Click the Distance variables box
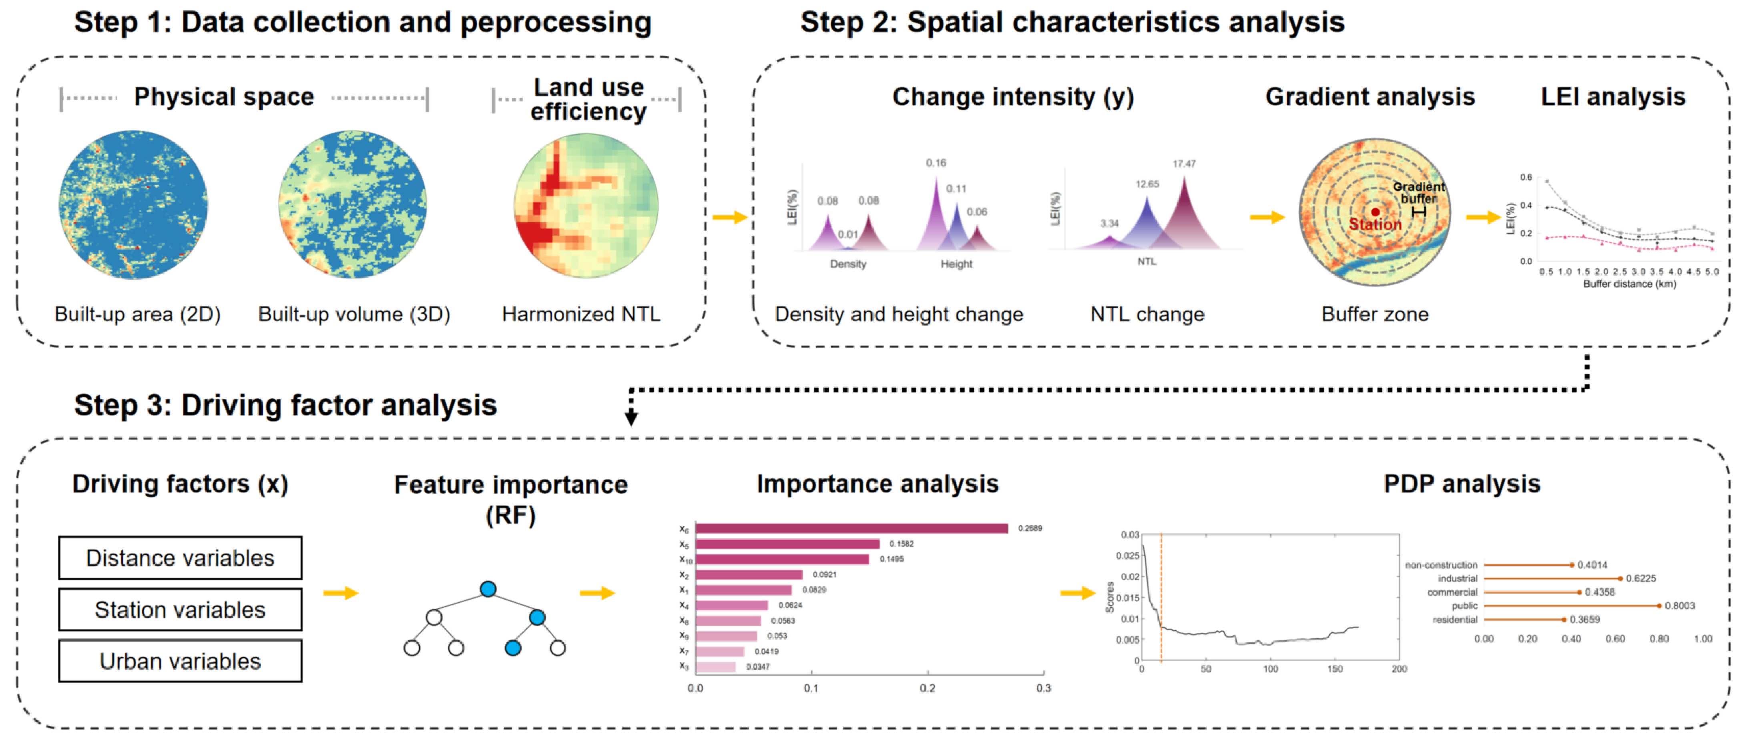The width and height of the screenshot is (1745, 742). (180, 558)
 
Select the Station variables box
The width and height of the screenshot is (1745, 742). (180, 609)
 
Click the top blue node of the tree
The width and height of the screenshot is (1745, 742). (488, 589)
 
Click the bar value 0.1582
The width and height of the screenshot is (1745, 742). (901, 544)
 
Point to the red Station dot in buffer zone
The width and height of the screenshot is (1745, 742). (1375, 212)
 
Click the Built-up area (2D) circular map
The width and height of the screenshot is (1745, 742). (133, 205)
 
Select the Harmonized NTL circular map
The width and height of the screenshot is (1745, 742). (586, 205)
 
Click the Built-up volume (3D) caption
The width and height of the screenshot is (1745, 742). (354, 314)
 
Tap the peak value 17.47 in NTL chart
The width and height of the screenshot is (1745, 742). (1184, 164)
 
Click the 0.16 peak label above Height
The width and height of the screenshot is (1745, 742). (936, 163)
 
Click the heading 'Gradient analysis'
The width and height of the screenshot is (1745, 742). (1370, 97)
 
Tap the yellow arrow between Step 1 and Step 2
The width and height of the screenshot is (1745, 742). (729, 217)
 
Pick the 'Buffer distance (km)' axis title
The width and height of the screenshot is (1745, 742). (1629, 284)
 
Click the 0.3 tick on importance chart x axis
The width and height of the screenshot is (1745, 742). (1043, 688)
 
